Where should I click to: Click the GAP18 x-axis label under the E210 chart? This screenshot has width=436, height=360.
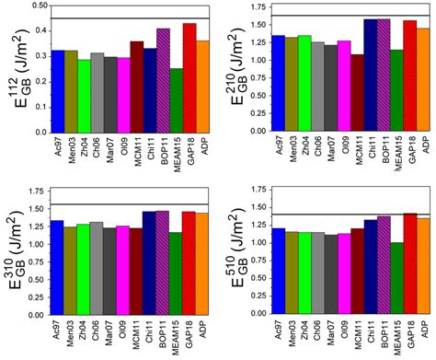pos(410,148)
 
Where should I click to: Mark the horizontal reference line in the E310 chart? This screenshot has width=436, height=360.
pos(129,204)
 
